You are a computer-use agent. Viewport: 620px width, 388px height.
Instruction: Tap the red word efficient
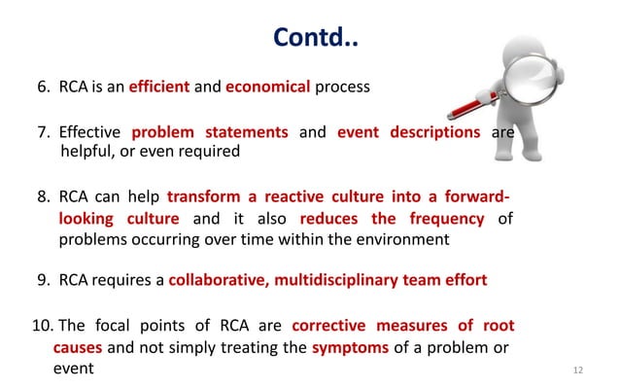click(x=159, y=87)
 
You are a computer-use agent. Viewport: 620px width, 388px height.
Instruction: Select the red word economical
click(x=268, y=87)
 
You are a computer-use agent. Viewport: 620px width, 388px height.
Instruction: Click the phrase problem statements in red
click(x=209, y=132)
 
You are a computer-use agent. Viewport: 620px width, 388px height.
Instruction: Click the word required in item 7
click(x=203, y=152)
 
